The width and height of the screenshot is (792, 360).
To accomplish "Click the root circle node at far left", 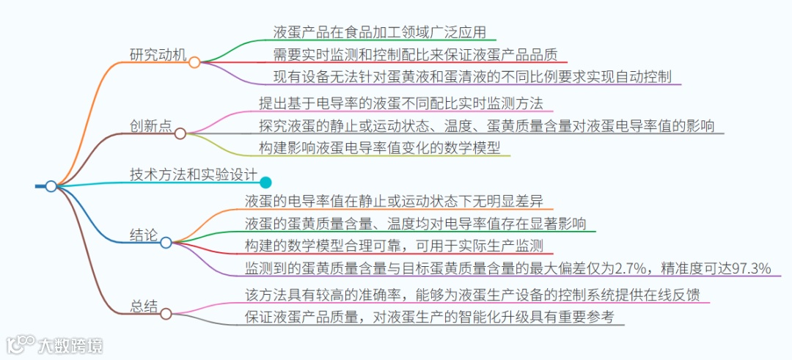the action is (x=51, y=186).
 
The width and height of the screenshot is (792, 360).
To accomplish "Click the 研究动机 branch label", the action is (x=158, y=55).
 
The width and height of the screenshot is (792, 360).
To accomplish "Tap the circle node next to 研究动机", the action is (x=194, y=62).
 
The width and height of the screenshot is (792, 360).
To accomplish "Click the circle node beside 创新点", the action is (x=180, y=133).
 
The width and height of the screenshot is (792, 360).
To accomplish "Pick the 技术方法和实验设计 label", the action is (x=193, y=175).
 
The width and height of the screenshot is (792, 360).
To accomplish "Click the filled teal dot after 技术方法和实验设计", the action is (x=265, y=183).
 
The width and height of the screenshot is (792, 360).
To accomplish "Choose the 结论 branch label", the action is (x=144, y=235).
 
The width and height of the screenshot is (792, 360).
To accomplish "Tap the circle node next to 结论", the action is (x=166, y=242).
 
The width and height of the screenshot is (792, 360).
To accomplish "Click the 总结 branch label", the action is (x=144, y=306).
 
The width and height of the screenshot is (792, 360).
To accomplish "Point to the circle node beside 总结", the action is (x=166, y=314).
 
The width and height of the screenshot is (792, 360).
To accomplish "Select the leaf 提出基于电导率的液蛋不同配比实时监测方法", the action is (x=400, y=103).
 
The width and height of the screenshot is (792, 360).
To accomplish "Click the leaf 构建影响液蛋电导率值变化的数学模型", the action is (x=379, y=147).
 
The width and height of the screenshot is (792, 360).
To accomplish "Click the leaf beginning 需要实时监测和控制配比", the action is (x=414, y=54).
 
